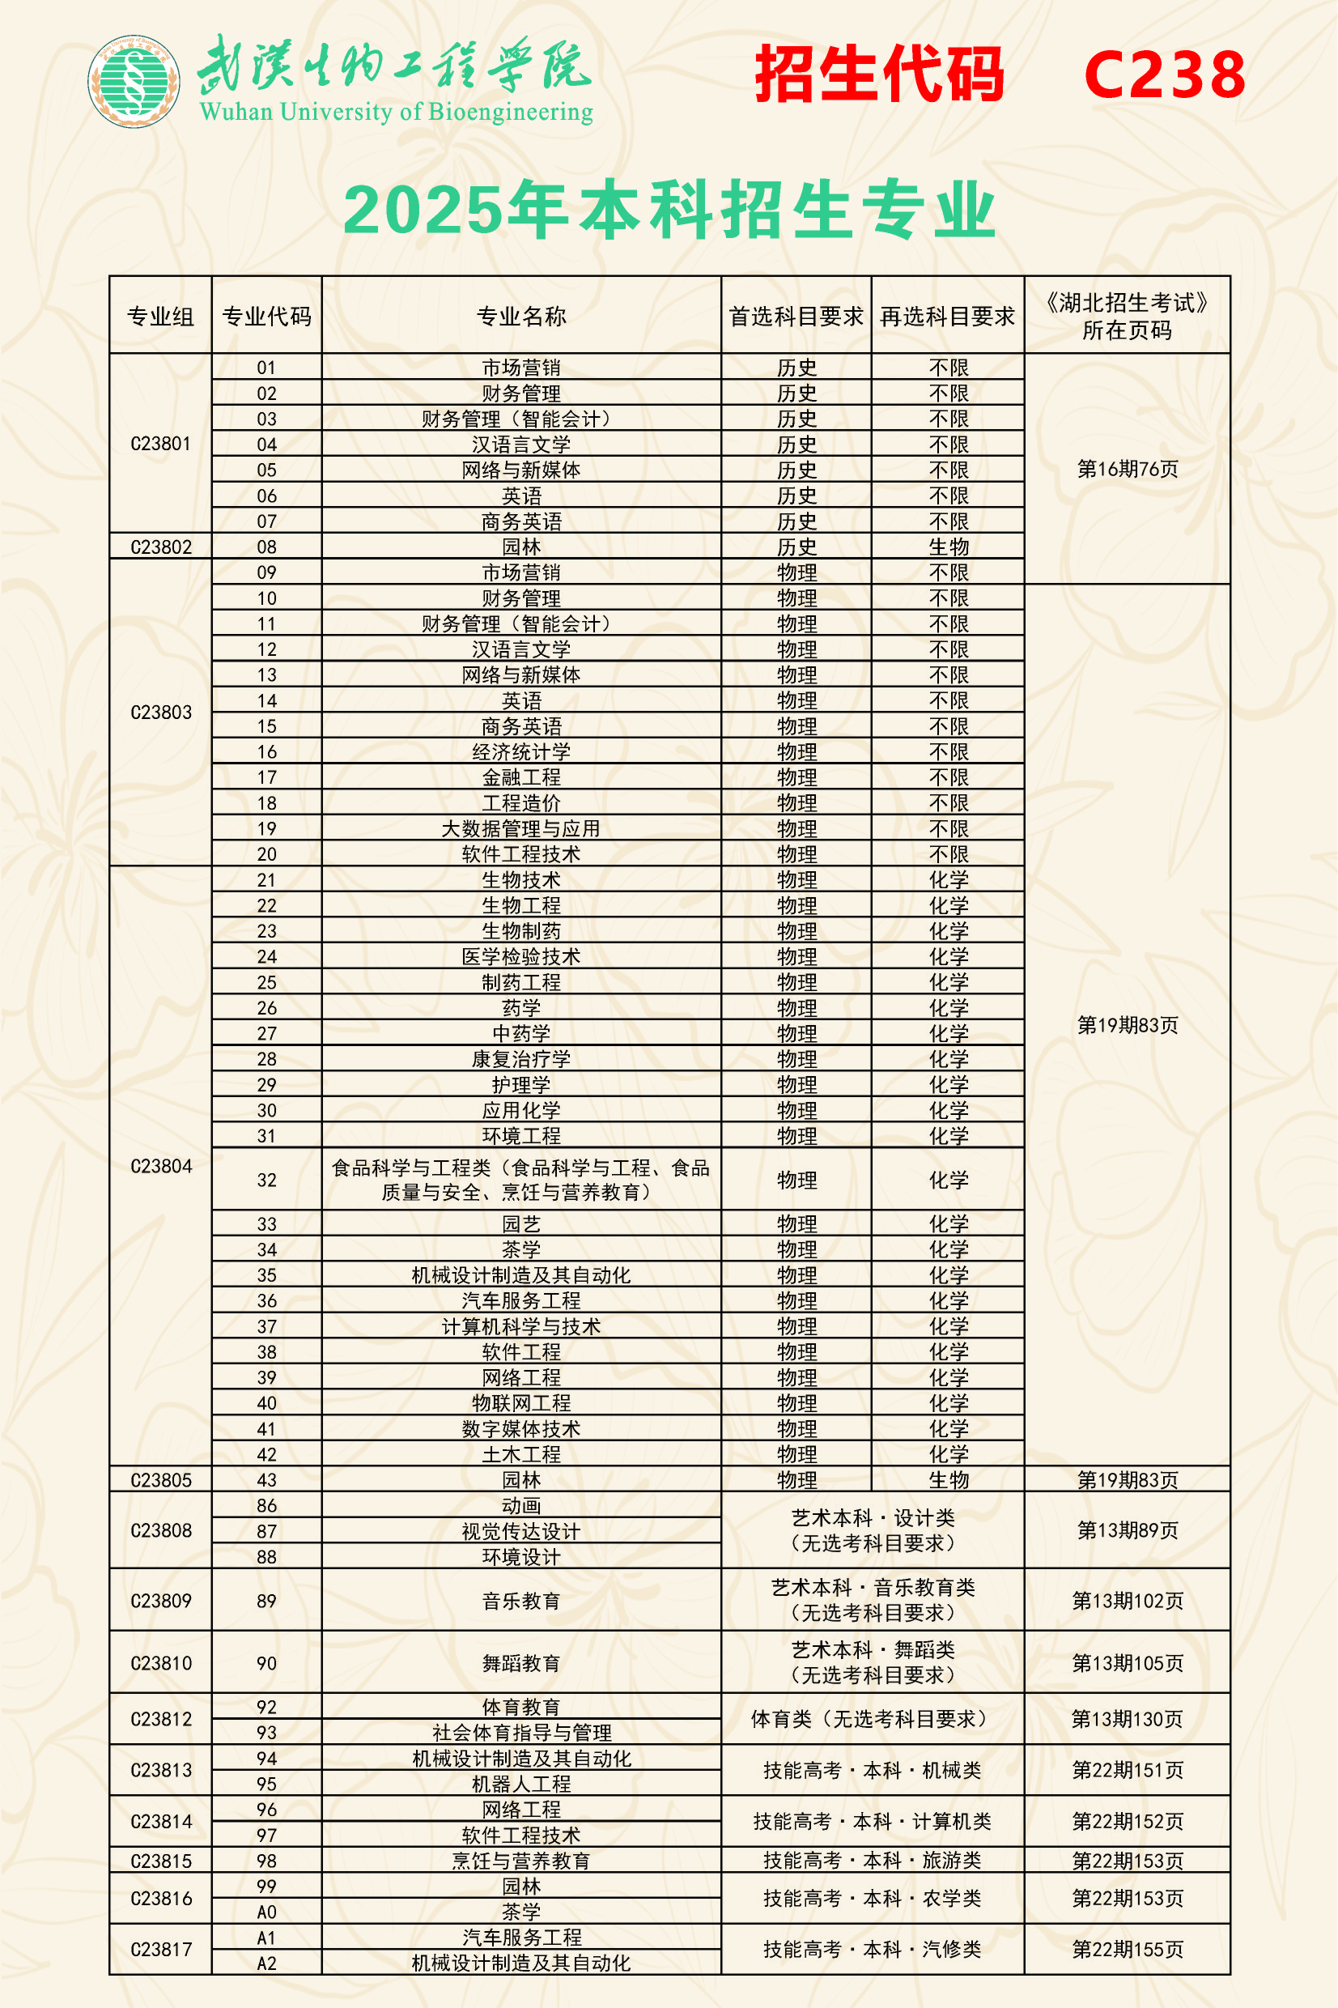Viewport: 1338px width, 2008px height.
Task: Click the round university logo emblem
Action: click(x=134, y=81)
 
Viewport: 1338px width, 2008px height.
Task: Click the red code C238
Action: click(x=1164, y=75)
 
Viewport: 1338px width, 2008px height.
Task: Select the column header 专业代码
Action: click(x=266, y=317)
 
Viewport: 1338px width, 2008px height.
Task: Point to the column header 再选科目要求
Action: click(x=947, y=317)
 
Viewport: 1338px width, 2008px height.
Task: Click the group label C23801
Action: click(x=160, y=444)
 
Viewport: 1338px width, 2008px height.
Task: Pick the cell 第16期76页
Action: click(x=1128, y=469)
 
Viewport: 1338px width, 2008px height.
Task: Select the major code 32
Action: click(x=266, y=1180)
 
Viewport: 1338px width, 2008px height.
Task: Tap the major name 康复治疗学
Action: click(x=521, y=1059)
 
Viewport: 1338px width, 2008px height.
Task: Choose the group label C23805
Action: click(x=160, y=1480)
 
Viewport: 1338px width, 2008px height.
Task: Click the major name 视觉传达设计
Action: click(x=521, y=1531)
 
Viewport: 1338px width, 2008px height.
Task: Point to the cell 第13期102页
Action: click(x=1128, y=1601)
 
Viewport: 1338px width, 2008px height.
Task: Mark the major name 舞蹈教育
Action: click(x=521, y=1663)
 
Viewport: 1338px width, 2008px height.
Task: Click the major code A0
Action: click(x=266, y=1912)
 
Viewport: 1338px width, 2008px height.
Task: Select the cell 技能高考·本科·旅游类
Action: click(x=872, y=1861)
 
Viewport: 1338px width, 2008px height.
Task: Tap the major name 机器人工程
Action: click(x=521, y=1784)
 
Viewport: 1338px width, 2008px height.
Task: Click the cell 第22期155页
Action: click(x=1128, y=1949)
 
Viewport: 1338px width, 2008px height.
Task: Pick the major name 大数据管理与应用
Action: click(x=521, y=828)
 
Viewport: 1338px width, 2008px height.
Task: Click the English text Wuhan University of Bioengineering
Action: click(x=396, y=112)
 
